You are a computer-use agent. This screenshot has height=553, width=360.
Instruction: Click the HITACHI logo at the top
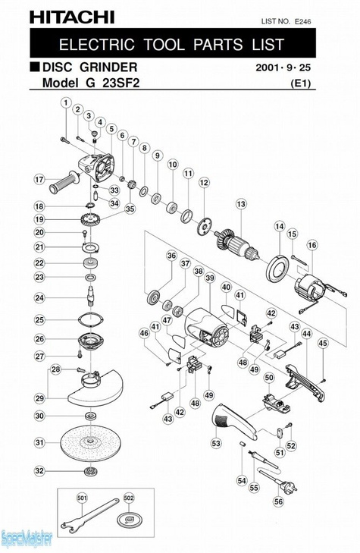click(72, 17)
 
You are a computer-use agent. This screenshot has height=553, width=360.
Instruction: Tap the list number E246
click(303, 21)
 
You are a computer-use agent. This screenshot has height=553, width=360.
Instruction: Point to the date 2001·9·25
click(283, 67)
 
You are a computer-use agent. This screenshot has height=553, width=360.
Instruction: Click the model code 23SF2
click(121, 83)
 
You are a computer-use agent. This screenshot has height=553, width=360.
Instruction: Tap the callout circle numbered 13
click(241, 204)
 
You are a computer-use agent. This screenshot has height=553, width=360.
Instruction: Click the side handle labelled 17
click(64, 182)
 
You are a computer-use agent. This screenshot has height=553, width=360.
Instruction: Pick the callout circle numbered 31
click(40, 442)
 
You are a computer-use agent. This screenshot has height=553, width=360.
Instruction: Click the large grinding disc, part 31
click(90, 442)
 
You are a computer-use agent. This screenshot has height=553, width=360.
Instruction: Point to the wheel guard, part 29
click(95, 388)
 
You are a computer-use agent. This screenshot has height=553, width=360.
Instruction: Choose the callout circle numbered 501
click(82, 498)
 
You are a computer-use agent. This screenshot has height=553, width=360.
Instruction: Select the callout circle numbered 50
click(269, 378)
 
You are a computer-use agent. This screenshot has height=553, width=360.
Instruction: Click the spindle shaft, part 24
click(91, 297)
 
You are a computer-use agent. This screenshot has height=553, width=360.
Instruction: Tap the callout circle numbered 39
click(210, 278)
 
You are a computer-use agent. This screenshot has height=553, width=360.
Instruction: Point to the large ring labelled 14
click(278, 268)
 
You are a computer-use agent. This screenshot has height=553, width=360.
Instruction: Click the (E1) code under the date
click(300, 83)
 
